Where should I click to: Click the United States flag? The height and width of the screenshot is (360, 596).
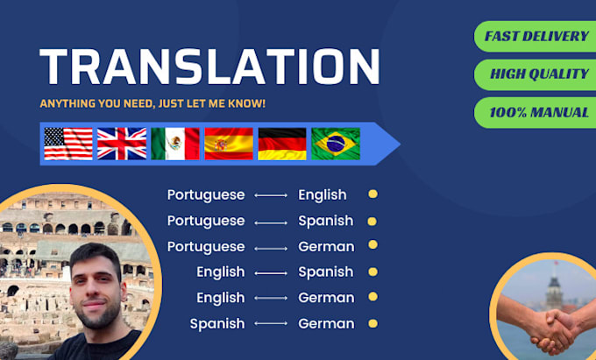click(68, 144)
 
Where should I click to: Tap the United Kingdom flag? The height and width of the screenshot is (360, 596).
click(122, 144)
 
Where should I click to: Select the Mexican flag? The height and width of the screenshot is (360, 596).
click(175, 144)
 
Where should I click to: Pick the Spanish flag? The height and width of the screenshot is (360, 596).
click(229, 144)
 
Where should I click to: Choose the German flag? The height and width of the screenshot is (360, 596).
click(282, 144)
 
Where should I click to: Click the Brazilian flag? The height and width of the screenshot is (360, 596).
click(336, 144)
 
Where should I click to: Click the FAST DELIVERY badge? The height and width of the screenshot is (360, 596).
click(536, 37)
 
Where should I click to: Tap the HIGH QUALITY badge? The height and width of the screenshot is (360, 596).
click(536, 74)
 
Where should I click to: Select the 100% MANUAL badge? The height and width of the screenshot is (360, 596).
click(536, 112)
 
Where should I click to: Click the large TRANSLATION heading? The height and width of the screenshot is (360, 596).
click(209, 67)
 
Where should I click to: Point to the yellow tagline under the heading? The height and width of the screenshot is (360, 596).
click(153, 103)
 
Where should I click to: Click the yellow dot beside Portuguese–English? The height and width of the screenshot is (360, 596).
click(372, 195)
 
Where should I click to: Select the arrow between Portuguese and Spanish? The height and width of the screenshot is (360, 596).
click(271, 222)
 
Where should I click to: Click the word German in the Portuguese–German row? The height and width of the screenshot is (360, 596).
click(326, 246)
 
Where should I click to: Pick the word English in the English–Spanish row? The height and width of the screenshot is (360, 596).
click(220, 272)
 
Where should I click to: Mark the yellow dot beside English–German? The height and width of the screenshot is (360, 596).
click(372, 298)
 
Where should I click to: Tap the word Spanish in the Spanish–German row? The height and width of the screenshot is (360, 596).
click(217, 324)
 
